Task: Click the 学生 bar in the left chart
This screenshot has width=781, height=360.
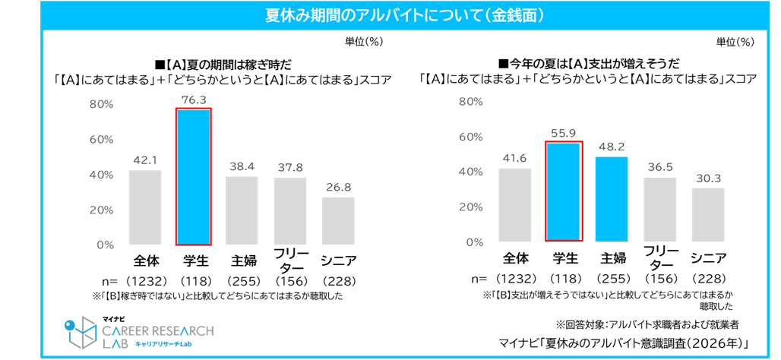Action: (193, 177)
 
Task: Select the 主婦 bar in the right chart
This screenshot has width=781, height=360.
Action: (612, 200)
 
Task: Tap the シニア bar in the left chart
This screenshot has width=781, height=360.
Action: (339, 220)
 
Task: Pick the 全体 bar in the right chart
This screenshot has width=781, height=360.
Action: (516, 205)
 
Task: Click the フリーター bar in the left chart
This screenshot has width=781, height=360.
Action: (290, 211)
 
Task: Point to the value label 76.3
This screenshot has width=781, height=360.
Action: (193, 99)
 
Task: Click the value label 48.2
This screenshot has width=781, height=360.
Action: (612, 148)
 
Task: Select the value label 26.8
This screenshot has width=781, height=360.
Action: (339, 188)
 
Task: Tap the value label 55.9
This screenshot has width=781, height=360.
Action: (564, 133)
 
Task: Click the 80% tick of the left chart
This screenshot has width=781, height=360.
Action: (102, 104)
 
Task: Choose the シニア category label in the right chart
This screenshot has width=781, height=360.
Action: (708, 258)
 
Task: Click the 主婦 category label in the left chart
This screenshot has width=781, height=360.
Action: (242, 261)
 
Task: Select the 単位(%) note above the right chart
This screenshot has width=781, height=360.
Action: (735, 42)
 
